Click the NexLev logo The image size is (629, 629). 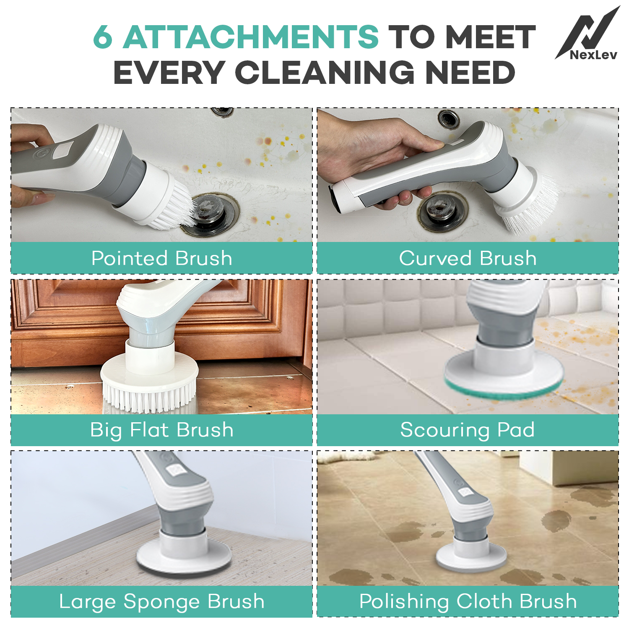(588, 34)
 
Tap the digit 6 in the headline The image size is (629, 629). (103, 36)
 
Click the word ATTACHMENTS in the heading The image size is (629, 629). (251, 36)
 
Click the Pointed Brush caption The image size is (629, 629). (162, 258)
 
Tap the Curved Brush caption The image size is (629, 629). (468, 258)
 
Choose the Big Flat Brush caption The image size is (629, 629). (162, 430)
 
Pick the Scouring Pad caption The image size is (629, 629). (468, 430)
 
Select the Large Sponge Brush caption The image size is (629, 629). (162, 602)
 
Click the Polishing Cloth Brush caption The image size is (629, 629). (468, 602)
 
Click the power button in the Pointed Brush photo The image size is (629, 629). (41, 154)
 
